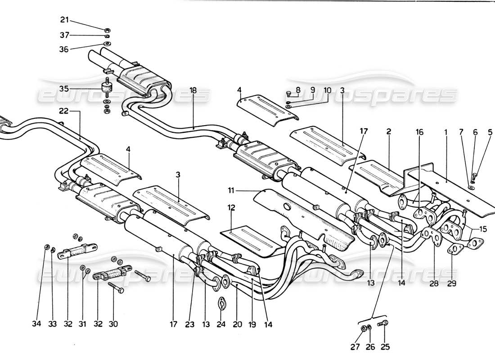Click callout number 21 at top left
pyautogui.click(x=65, y=19)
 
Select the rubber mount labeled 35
pyautogui.click(x=107, y=88)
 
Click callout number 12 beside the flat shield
pyautogui.click(x=231, y=220)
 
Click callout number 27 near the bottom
pyautogui.click(x=363, y=346)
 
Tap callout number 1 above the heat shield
pyautogui.click(x=446, y=133)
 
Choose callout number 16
pyautogui.click(x=419, y=133)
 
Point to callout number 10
pyautogui.click(x=328, y=90)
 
